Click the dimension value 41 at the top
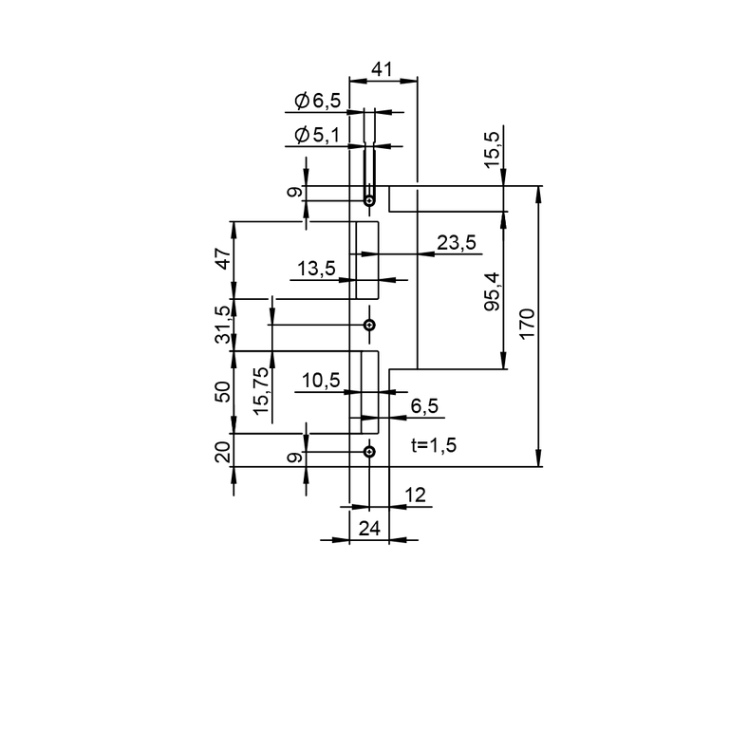point(382,69)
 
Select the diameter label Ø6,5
point(318,101)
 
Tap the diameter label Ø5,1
point(317,135)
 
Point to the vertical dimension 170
point(527,324)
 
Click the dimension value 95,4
point(492,291)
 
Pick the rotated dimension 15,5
point(492,150)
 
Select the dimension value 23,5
point(457,242)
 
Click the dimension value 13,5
point(316,269)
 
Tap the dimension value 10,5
point(321,381)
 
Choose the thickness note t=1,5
point(434,445)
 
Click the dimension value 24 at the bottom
point(369,529)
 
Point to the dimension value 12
point(415,495)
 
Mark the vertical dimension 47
point(224,259)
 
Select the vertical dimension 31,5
point(224,325)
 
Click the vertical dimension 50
point(224,392)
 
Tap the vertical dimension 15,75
point(261,391)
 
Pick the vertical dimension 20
point(224,452)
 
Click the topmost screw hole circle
point(369,201)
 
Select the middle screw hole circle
point(369,325)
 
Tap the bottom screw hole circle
point(369,452)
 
